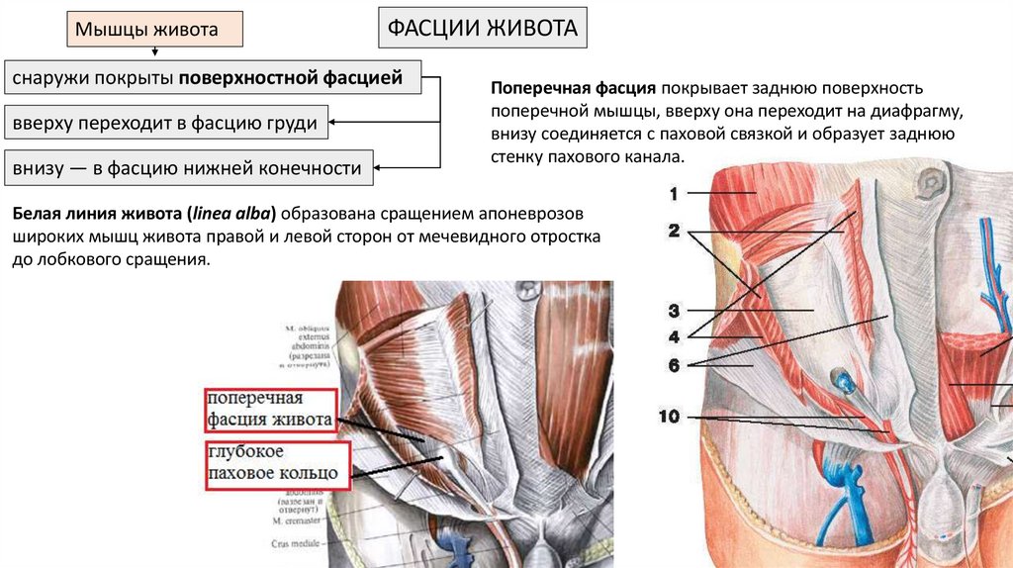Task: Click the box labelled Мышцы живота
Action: (155, 30)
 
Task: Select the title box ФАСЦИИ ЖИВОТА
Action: (482, 28)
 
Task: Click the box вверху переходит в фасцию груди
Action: (165, 124)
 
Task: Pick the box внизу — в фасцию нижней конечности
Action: (187, 168)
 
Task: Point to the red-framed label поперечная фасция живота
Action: (269, 410)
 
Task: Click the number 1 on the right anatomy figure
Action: (674, 195)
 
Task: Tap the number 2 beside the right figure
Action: (674, 232)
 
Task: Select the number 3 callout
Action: (674, 309)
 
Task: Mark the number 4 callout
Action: (674, 335)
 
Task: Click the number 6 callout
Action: (674, 365)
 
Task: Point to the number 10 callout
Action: (670, 417)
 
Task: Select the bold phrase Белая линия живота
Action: (98, 215)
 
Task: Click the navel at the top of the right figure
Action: (930, 183)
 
